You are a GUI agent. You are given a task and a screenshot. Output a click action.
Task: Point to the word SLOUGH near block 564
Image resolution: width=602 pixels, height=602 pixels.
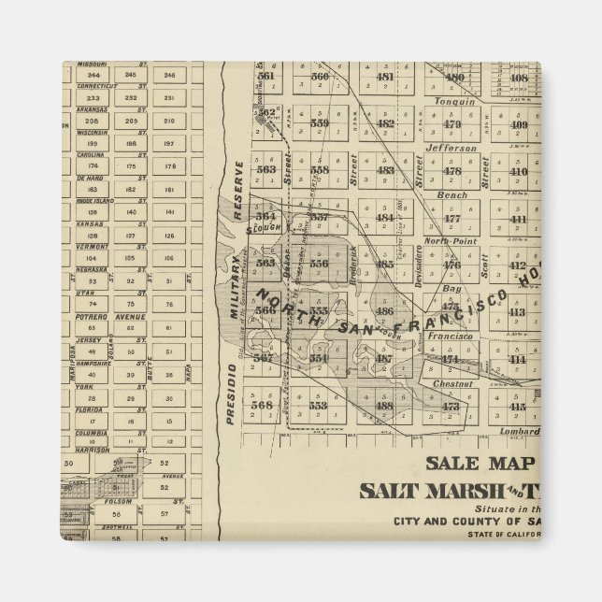[x=264, y=228]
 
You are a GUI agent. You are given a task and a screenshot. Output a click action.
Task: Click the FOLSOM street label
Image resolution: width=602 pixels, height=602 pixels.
[x=118, y=502]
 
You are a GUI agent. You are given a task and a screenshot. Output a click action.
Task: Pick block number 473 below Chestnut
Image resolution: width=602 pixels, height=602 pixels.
[x=451, y=406]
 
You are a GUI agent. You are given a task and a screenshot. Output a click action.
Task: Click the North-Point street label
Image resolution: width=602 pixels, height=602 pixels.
[x=451, y=240]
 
